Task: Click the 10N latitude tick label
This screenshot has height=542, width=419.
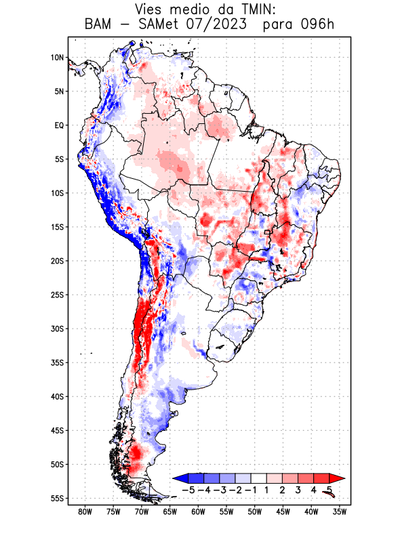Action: click(57, 58)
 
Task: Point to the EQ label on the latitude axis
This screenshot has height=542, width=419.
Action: click(58, 125)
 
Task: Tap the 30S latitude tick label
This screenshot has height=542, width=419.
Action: click(57, 329)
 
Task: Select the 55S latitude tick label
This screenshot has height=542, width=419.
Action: click(57, 498)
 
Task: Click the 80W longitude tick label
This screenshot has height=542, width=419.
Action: click(85, 512)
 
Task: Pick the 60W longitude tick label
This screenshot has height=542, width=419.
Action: click(198, 512)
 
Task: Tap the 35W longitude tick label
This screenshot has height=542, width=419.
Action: click(340, 512)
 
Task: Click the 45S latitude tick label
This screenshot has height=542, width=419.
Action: click(57, 430)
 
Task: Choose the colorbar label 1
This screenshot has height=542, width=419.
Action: click(267, 489)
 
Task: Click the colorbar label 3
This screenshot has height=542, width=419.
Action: click(298, 489)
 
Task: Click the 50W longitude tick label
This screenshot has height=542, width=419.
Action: click(254, 512)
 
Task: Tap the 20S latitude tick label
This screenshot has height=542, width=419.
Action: click(57, 261)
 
